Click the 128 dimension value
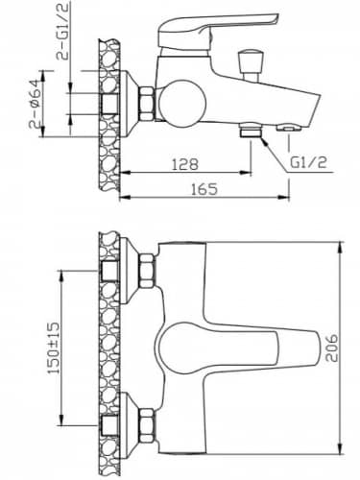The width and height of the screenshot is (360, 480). (185, 163)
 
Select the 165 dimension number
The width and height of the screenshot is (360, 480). (204, 188)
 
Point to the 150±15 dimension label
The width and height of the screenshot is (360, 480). (54, 348)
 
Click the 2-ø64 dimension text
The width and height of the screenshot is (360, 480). (35, 103)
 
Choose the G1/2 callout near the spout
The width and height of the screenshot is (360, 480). (308, 162)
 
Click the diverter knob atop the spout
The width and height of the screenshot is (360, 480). (251, 64)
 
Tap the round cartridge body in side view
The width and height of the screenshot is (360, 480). (181, 103)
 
